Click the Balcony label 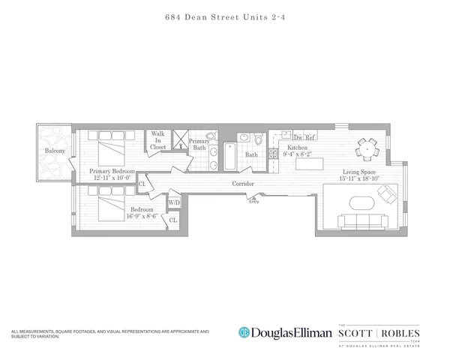pos(54,151)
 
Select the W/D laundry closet pos(173,202)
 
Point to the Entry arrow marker pos(254,198)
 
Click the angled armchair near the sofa pos(388,195)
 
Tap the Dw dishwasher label pos(297,137)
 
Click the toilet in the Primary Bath pos(211,137)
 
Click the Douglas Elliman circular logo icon pos(243,332)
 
